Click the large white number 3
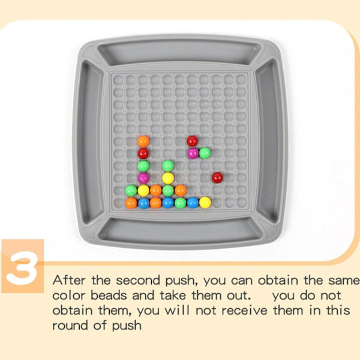coord(22,268)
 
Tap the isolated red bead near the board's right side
coord(217,178)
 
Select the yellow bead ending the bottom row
coord(205,203)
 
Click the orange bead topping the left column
coord(143,141)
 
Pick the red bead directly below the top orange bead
coord(143,154)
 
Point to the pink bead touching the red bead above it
coord(193,154)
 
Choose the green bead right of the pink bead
coord(205,153)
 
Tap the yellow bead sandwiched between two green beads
coord(168,178)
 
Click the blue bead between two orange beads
coord(144,203)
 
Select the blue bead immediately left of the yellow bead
coord(193,203)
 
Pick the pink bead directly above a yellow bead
coord(143,178)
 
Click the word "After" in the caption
coord(69,280)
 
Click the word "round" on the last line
coord(70,326)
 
